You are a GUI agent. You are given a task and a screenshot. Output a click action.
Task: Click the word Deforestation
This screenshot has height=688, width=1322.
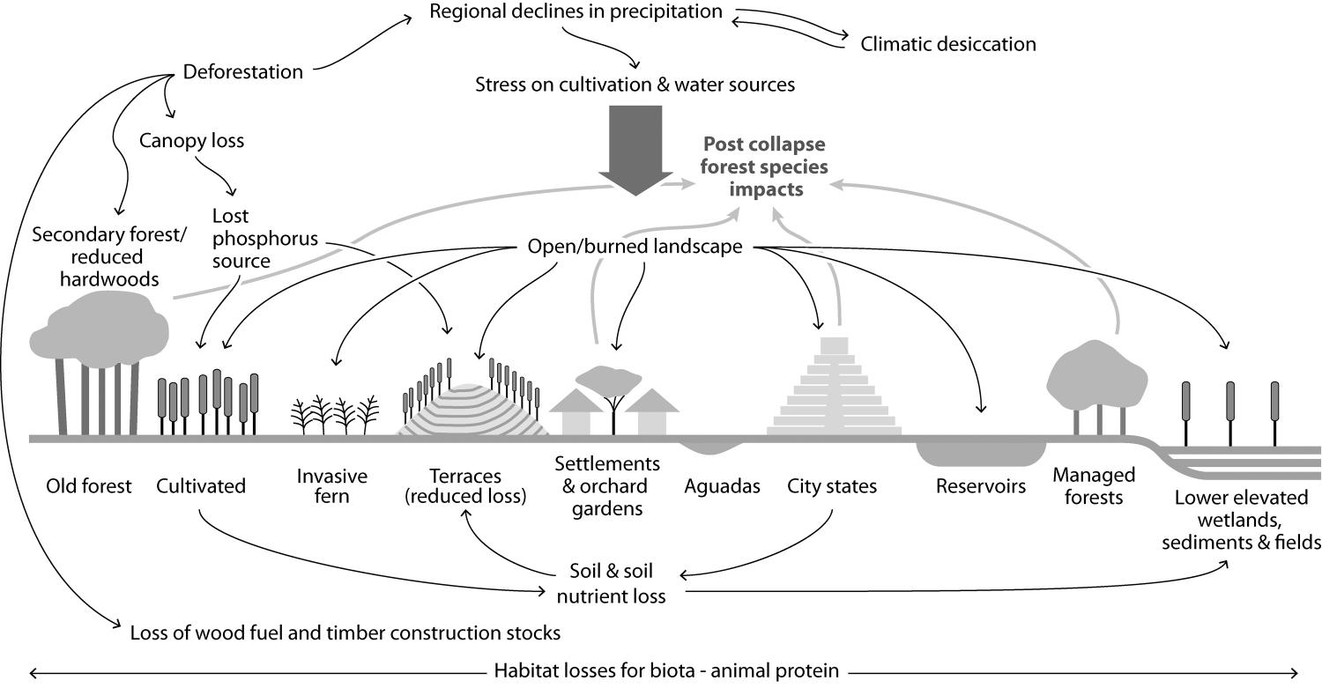[x=242, y=72]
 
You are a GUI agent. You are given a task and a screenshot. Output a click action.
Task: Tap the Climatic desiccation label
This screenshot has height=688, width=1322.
[x=947, y=43]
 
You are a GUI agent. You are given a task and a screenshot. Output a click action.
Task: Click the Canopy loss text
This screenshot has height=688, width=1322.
[x=191, y=140]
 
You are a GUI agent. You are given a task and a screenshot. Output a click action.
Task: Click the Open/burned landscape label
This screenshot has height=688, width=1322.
[x=635, y=248]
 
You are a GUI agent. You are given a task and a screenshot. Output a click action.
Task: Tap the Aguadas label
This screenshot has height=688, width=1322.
[x=722, y=485]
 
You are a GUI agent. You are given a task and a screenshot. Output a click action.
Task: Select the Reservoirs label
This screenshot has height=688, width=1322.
[x=981, y=485]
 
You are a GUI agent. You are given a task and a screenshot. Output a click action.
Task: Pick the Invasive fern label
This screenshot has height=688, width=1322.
[x=332, y=485]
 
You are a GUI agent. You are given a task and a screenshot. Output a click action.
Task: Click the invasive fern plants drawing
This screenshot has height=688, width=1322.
[x=335, y=414]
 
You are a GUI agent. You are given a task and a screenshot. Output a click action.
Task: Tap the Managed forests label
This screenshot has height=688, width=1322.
[x=1094, y=485]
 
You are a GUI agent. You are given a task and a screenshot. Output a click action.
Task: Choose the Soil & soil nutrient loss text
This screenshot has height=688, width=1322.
[x=611, y=583]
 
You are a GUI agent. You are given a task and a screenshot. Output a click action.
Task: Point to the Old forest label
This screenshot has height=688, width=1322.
[x=90, y=485]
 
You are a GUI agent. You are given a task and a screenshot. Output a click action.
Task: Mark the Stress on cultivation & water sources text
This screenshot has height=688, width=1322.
[x=635, y=85]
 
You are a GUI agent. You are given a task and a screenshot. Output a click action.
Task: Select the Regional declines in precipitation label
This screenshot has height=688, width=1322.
[x=576, y=12]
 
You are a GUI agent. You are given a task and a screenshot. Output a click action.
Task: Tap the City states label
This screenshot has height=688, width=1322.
[x=832, y=485]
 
